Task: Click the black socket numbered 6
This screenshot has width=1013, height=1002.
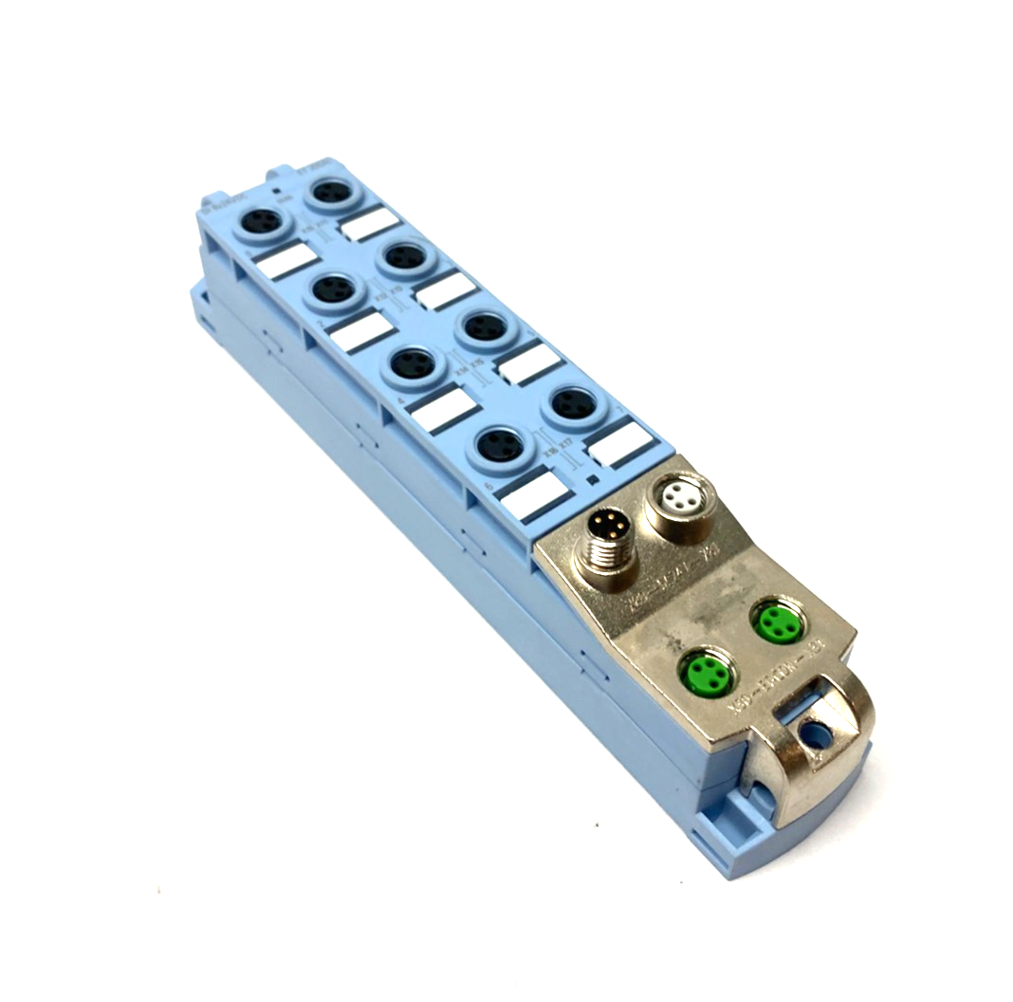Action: pyautogui.click(x=499, y=442)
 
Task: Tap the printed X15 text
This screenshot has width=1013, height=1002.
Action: pyautogui.click(x=476, y=361)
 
